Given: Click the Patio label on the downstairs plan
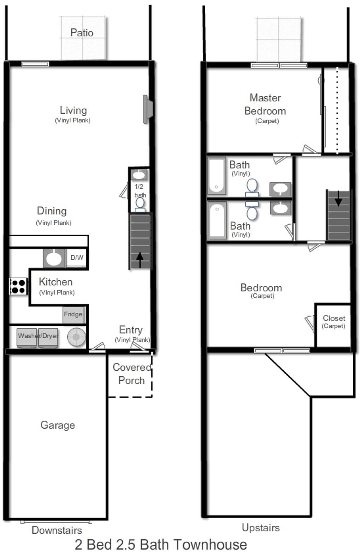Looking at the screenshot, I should [x=82, y=33].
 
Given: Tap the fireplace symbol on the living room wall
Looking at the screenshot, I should [x=148, y=109].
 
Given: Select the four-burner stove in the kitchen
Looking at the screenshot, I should [x=18, y=286].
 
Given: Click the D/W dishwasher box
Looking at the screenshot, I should [x=77, y=258].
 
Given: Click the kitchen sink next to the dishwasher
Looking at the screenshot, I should [x=54, y=258].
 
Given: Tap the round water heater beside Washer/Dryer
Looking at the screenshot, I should [x=76, y=337].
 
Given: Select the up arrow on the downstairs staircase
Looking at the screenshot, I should [x=140, y=260].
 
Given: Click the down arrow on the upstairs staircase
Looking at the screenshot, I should [x=338, y=199].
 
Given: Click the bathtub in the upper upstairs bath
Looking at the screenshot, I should [x=216, y=176].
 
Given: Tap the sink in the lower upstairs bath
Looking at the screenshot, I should [x=280, y=208].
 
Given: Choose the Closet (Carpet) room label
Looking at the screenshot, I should [x=333, y=322].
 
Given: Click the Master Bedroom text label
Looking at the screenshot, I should [x=265, y=104].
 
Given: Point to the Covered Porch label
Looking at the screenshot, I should [x=131, y=374].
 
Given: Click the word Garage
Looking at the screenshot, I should [x=58, y=425].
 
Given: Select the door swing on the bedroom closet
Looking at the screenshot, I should [x=310, y=323].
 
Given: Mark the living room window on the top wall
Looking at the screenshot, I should [x=35, y=64].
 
